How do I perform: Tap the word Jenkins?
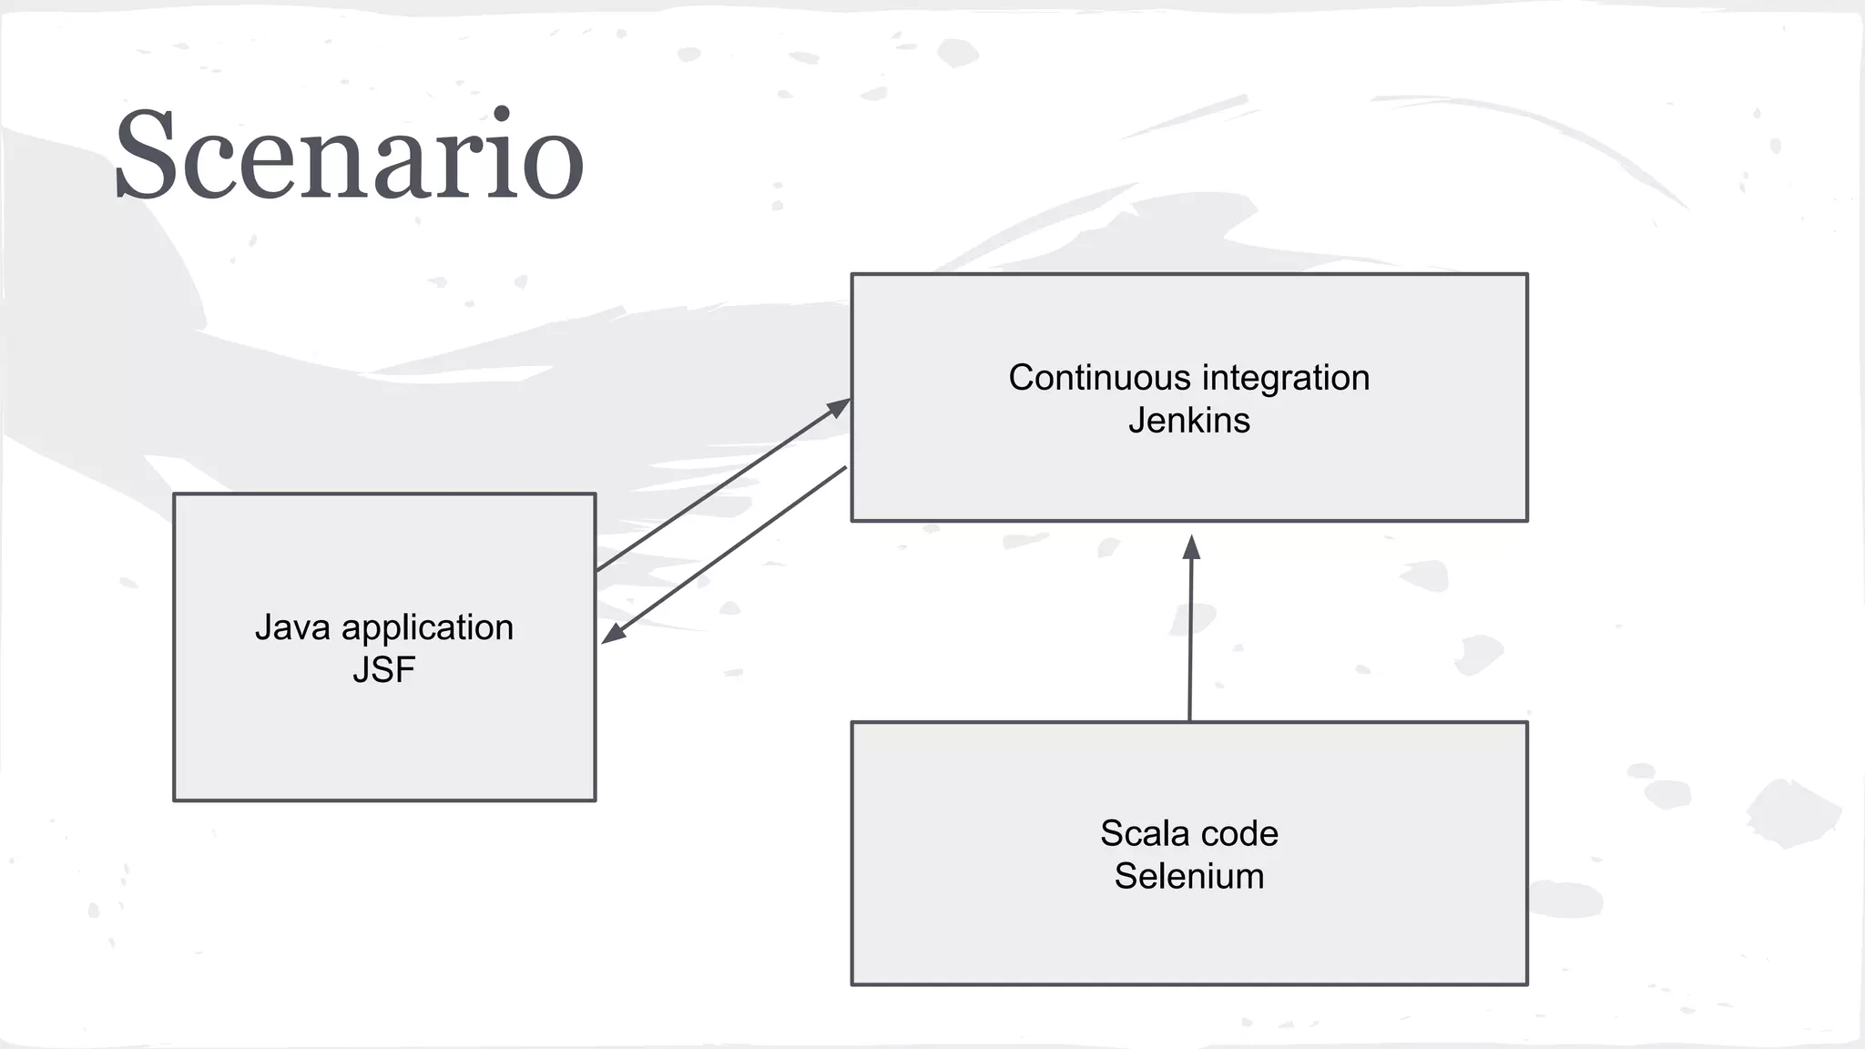pos(1188,421)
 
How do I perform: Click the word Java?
pos(292,627)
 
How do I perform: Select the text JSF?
pos(383,670)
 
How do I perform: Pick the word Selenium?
pos(1188,876)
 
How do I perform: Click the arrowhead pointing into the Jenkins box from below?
pos(1191,546)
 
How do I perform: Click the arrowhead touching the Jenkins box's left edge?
pos(839,407)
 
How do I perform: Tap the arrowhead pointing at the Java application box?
pos(613,634)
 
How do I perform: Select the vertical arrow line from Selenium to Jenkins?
pos(1190,637)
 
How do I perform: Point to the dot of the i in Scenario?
pos(500,115)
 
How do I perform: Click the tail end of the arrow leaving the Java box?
pos(598,570)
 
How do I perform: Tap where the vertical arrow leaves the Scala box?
pos(1189,719)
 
